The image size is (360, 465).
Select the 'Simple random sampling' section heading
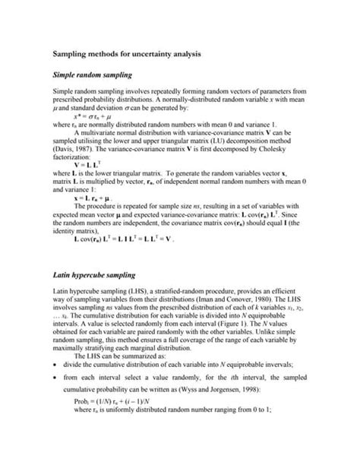pyautogui.click(x=92, y=76)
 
